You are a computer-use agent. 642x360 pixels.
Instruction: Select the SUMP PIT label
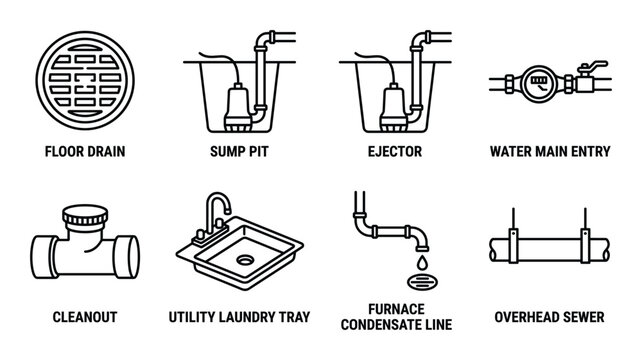coord(240,153)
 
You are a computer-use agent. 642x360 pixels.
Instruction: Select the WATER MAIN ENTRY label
coord(553,153)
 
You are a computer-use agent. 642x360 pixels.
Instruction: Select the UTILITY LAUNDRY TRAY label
coord(240,317)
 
